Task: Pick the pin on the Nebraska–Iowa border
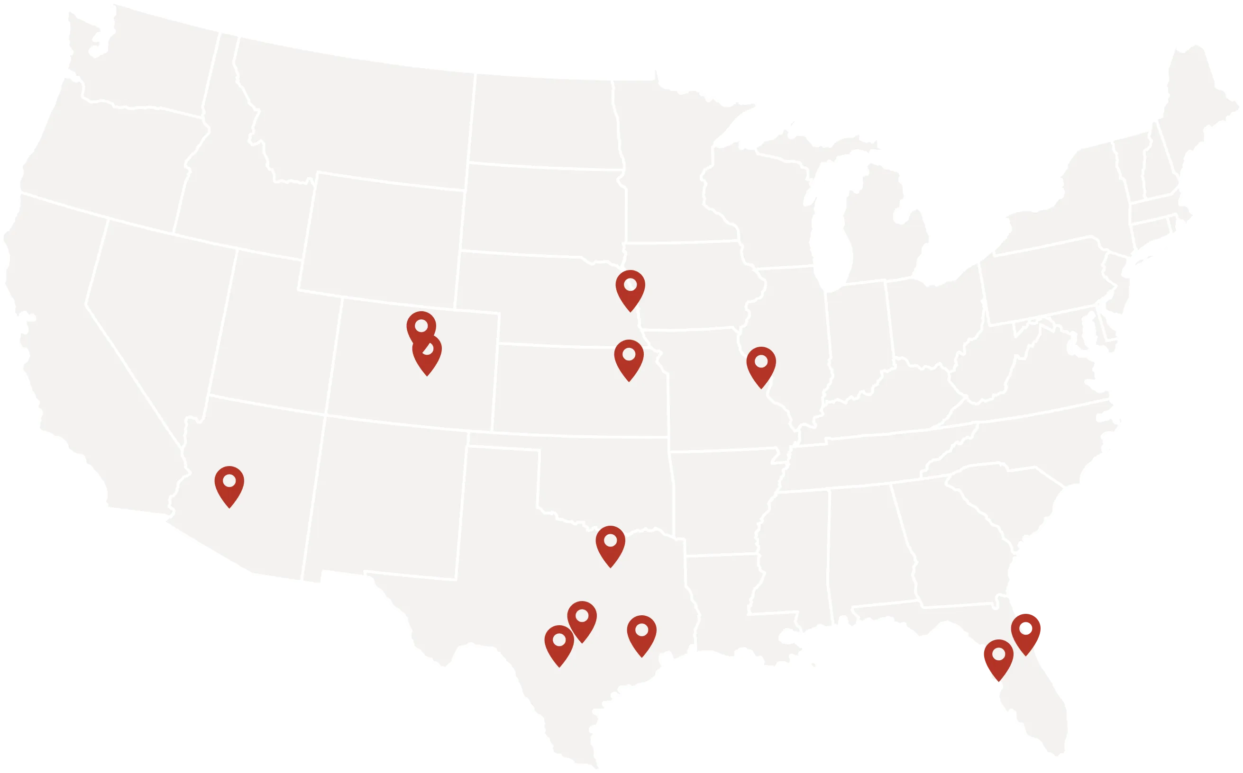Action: pos(630,287)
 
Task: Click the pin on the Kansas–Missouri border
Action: pos(629,356)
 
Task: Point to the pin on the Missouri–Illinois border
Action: pos(761,363)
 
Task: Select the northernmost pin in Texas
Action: pos(610,542)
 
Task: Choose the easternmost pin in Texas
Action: pos(641,632)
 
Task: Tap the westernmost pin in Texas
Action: pos(559,642)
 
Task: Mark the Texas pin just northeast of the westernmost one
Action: pos(582,618)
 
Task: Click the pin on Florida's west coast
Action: pos(998,656)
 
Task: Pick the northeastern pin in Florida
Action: pos(1026,631)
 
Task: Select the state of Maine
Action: pos(1197,102)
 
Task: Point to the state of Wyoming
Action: pos(384,235)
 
